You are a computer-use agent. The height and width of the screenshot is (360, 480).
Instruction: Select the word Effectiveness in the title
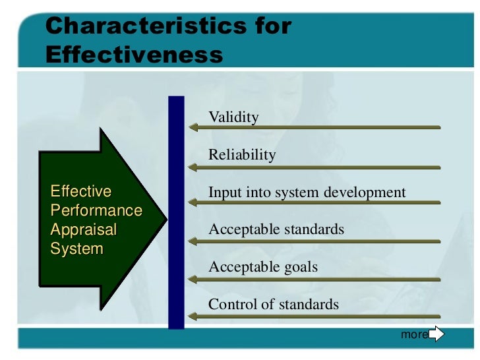135,55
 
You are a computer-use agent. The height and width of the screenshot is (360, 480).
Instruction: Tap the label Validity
233,117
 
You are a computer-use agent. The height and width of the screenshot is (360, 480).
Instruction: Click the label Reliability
242,155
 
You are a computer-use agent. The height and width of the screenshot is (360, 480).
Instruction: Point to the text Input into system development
307,193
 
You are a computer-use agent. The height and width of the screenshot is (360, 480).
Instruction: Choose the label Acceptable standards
276,229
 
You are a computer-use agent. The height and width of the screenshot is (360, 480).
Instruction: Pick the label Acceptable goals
263,267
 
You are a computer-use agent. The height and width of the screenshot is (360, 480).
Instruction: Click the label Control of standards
274,305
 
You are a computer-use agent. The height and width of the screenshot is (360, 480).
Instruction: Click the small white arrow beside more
436,334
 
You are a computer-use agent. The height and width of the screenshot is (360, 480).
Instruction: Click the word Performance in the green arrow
96,211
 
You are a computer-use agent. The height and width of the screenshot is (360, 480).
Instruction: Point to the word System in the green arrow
77,249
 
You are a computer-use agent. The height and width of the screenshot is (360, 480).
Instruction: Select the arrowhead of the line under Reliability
192,166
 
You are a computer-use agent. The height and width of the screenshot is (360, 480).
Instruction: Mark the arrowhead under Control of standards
192,316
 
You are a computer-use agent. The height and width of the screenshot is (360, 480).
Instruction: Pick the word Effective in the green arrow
81,192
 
